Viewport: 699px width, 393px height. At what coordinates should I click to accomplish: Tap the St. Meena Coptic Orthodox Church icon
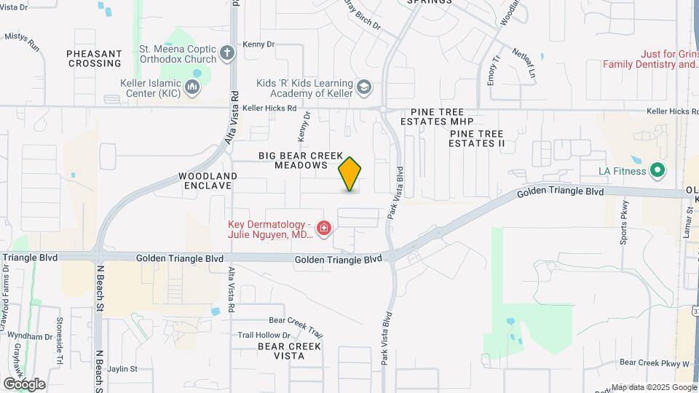[x=227, y=53]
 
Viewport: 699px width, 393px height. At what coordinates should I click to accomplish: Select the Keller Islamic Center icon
[x=192, y=88]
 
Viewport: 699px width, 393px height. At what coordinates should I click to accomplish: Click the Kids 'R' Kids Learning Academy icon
[x=363, y=88]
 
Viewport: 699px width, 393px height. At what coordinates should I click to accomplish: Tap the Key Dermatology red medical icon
[x=324, y=230]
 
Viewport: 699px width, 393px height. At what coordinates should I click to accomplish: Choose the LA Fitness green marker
[x=657, y=171]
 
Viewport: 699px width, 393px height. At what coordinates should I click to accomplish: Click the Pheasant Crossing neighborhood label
[x=94, y=58]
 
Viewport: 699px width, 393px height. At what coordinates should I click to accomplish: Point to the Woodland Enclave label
[x=208, y=180]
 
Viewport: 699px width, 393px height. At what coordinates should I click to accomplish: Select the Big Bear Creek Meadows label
[x=301, y=161]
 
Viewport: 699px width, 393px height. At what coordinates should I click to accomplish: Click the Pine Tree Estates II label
[x=477, y=138]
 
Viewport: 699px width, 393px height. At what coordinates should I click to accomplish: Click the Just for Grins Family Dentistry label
[x=649, y=59]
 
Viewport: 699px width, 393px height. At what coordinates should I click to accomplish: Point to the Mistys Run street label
[x=22, y=41]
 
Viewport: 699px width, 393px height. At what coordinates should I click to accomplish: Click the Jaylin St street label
[x=122, y=369]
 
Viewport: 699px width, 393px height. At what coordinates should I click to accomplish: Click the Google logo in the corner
[x=24, y=384]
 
